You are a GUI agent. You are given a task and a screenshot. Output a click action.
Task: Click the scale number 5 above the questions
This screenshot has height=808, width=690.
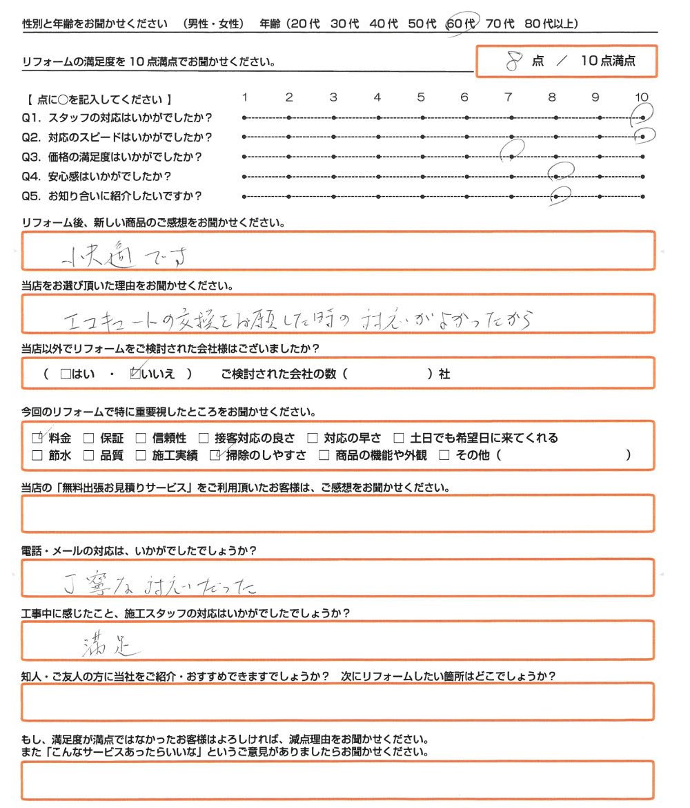pyautogui.click(x=421, y=97)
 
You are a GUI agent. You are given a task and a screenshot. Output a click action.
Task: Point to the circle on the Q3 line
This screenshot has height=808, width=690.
pyautogui.click(x=512, y=149)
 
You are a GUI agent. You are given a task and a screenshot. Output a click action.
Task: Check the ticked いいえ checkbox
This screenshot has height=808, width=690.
pyautogui.click(x=135, y=374)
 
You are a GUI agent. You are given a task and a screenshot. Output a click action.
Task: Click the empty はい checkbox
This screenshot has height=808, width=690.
pyautogui.click(x=66, y=374)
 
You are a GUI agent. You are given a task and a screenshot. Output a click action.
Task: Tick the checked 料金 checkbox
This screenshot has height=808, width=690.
pyautogui.click(x=37, y=438)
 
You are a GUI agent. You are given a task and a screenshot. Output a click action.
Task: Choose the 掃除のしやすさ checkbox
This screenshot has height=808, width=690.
pyautogui.click(x=216, y=455)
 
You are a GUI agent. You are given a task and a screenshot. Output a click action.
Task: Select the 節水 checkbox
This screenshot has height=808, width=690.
pyautogui.click(x=37, y=455)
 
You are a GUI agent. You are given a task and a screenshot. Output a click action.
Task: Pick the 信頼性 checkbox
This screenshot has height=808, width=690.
pyautogui.click(x=141, y=438)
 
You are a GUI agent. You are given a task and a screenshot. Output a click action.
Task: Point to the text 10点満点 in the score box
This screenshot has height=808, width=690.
pyautogui.click(x=608, y=61)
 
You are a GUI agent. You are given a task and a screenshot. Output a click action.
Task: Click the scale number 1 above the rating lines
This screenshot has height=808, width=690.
pyautogui.click(x=246, y=97)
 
